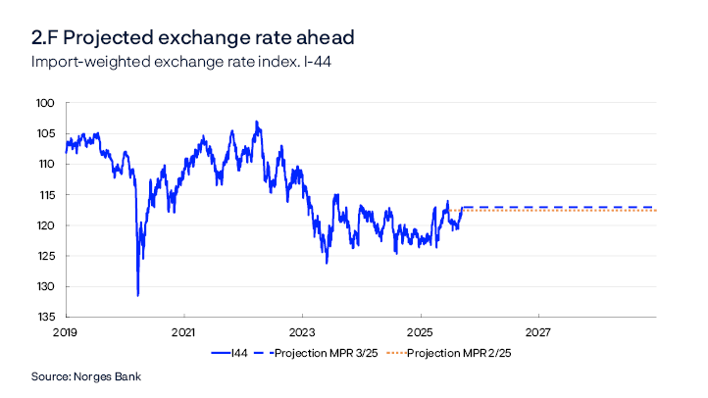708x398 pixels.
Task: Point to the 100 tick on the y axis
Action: pyautogui.click(x=45, y=103)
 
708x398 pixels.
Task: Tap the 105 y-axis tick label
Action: pyautogui.click(x=45, y=133)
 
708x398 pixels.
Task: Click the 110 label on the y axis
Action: pyautogui.click(x=45, y=164)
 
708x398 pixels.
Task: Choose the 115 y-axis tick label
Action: pyautogui.click(x=45, y=194)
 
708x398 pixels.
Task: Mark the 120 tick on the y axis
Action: pyautogui.click(x=45, y=225)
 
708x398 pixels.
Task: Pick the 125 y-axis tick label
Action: pyautogui.click(x=45, y=256)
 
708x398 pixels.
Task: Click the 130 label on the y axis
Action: pyautogui.click(x=45, y=286)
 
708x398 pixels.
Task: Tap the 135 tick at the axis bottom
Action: pyautogui.click(x=45, y=317)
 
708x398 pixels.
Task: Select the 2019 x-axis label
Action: pyautogui.click(x=67, y=332)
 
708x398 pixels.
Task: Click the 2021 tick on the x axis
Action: pyautogui.click(x=184, y=332)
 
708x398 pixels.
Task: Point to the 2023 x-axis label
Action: pyautogui.click(x=302, y=332)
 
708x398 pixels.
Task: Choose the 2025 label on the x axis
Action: pyautogui.click(x=420, y=332)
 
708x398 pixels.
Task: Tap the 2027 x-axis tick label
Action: pyautogui.click(x=537, y=332)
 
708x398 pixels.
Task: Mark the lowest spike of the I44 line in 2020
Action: pyautogui.click(x=137, y=294)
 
